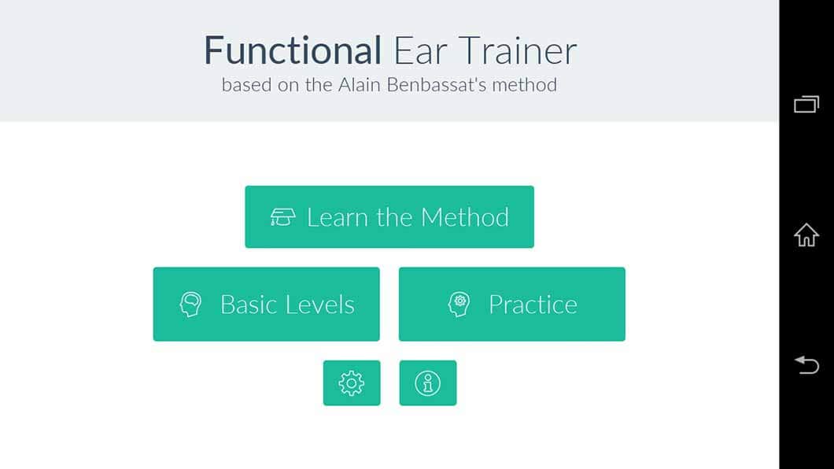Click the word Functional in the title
click(293, 50)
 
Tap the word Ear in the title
click(420, 50)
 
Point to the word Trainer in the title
click(518, 50)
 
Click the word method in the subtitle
click(525, 84)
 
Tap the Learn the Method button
click(389, 217)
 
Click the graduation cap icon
click(282, 217)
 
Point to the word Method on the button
click(465, 217)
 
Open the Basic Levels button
click(267, 305)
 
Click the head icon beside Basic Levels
click(190, 305)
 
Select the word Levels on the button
click(320, 305)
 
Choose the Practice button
click(511, 305)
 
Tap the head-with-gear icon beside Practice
click(459, 305)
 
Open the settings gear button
click(352, 383)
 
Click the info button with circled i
click(428, 383)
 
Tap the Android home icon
click(806, 234)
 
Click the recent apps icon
click(806, 104)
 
